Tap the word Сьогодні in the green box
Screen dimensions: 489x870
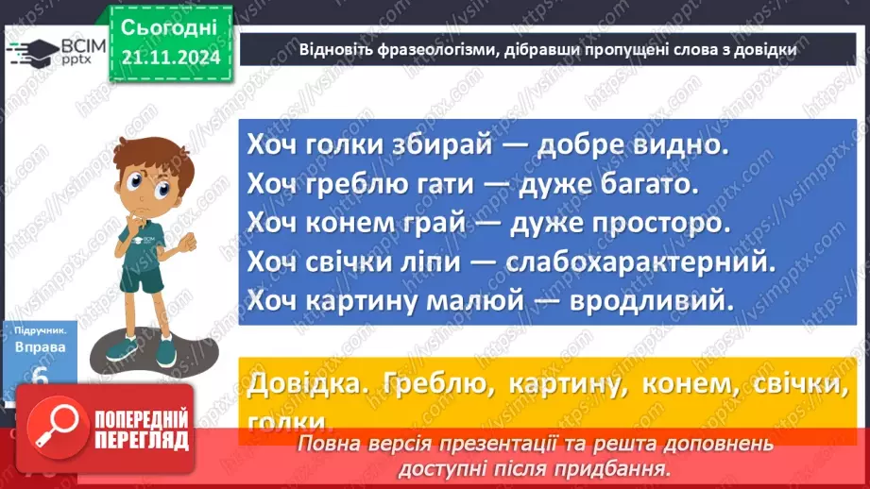[171, 27]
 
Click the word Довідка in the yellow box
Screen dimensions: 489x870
[300, 384]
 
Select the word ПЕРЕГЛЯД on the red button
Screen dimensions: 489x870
[139, 442]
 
